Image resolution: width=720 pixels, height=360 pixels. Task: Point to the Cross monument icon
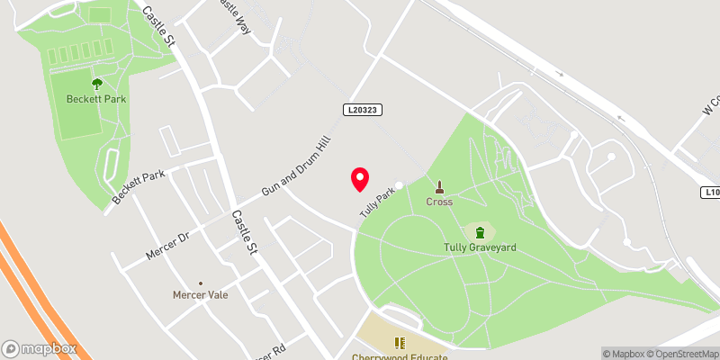[x=439, y=187]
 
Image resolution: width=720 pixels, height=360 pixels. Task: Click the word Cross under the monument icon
[x=439, y=202]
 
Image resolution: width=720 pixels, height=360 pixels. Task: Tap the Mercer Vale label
[x=200, y=294]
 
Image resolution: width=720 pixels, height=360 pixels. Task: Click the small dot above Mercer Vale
[x=200, y=282]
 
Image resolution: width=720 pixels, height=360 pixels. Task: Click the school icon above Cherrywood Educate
[x=400, y=342]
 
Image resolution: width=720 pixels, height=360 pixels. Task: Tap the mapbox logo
[x=39, y=348]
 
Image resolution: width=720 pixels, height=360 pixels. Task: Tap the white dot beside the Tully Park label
[x=399, y=185]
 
